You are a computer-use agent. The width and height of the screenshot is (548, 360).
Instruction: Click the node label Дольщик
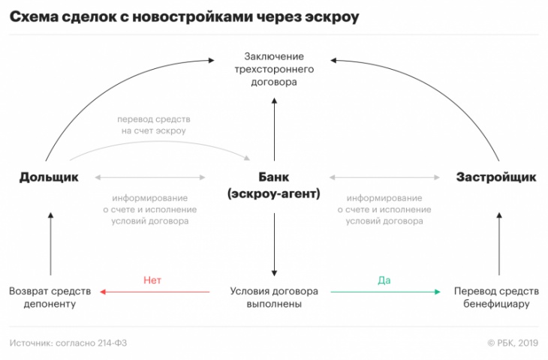[x=49, y=177]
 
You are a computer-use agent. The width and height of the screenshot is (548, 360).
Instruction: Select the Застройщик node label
[x=496, y=177]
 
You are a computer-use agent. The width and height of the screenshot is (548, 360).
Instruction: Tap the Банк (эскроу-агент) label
[x=274, y=185]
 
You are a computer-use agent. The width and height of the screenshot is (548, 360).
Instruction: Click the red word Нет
[x=152, y=280]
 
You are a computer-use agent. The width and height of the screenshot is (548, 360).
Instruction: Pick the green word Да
[x=384, y=280]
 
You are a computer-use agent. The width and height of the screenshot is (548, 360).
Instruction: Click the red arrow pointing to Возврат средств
[x=155, y=292]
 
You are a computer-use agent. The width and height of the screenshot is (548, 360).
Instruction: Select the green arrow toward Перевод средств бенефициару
[x=386, y=292]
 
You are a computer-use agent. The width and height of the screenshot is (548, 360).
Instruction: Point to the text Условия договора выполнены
[x=274, y=297]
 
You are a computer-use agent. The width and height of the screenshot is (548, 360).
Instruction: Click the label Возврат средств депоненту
[x=50, y=297]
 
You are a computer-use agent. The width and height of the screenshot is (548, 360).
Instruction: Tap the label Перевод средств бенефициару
[x=496, y=297]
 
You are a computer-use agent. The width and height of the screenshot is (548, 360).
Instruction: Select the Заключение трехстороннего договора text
[x=274, y=69]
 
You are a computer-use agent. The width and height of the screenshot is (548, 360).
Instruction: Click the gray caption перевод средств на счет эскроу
[x=154, y=124]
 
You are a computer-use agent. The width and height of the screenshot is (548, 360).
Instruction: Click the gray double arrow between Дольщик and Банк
[x=150, y=178]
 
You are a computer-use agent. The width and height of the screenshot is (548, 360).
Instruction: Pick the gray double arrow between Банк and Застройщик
[x=384, y=178]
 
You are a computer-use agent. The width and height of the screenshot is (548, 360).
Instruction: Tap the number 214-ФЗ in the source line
[x=112, y=343]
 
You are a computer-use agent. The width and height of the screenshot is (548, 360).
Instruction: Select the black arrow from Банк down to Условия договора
[x=274, y=244]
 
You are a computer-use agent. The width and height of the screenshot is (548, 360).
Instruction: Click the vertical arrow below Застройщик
[x=499, y=244]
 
